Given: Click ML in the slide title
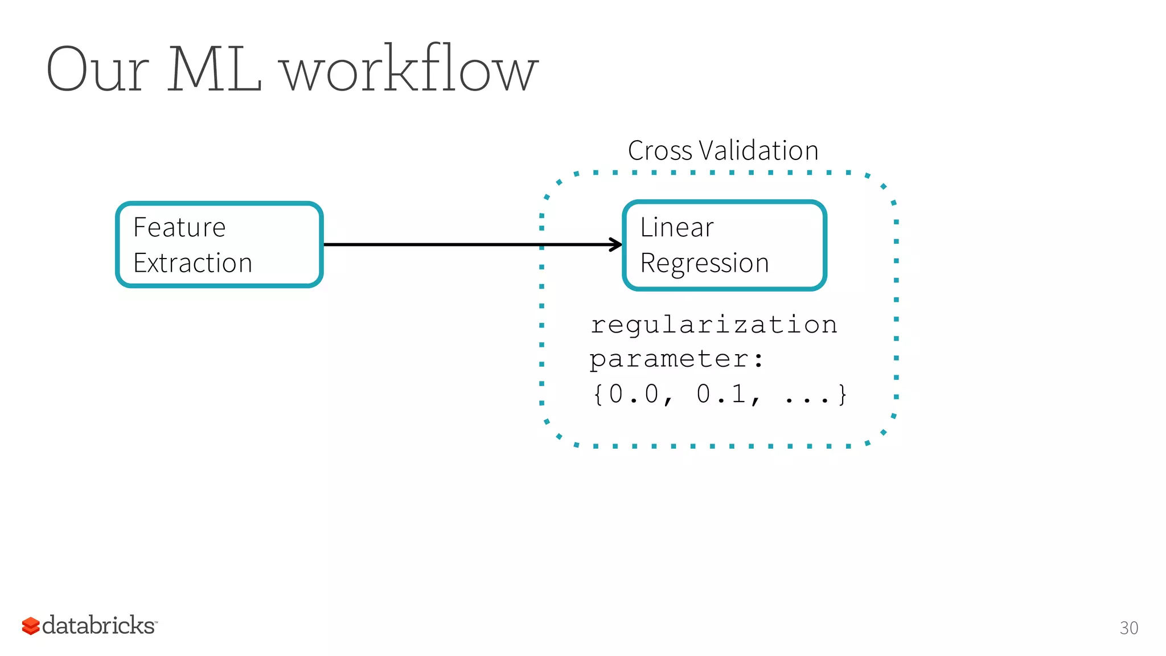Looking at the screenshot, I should tap(215, 70).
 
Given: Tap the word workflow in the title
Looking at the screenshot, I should tap(410, 70).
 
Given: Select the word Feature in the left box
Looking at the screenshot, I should tap(179, 227).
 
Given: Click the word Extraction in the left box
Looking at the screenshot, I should tap(192, 263).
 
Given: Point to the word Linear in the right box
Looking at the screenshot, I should tap(676, 227).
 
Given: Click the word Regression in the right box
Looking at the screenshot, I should tap(704, 263).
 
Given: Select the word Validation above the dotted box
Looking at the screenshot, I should tap(758, 151).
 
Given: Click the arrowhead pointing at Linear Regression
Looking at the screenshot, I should tap(617, 245).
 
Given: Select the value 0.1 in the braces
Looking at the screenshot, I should tap(721, 394).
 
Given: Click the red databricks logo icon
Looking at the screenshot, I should tap(31, 626).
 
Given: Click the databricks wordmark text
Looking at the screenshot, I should tap(99, 625).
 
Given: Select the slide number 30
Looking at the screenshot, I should tap(1128, 628).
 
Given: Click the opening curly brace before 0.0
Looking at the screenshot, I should tap(598, 394).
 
